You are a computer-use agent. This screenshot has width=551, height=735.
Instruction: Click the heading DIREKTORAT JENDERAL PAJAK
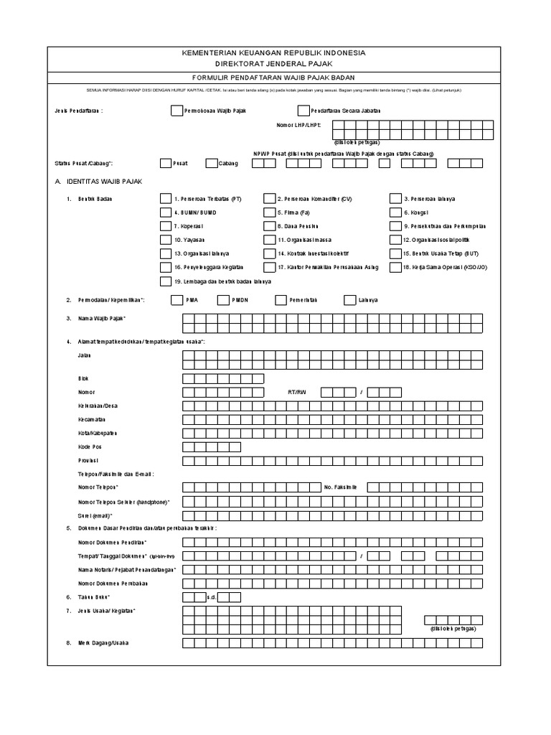coord(275,64)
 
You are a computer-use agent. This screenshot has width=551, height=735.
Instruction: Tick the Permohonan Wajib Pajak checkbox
coord(176,111)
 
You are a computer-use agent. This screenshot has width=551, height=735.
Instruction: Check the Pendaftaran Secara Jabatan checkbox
coord(302,111)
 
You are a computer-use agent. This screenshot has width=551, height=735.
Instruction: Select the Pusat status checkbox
coord(166,163)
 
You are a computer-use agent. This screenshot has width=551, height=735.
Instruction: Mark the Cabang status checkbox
coord(211,163)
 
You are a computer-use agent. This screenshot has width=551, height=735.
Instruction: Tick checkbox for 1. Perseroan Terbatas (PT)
coord(166,199)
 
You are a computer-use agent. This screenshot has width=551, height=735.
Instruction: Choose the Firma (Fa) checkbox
coord(269,212)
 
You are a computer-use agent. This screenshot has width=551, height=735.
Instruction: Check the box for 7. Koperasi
coord(166,226)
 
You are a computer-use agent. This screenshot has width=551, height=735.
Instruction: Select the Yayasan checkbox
coord(166,240)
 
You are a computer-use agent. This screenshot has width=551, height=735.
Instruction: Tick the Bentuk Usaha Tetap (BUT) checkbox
coord(396,253)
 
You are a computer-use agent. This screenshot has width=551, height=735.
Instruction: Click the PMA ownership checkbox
coord(176,300)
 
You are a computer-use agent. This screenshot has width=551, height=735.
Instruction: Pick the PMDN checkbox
coord(222,300)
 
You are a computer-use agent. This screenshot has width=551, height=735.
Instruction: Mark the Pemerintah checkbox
coord(280,300)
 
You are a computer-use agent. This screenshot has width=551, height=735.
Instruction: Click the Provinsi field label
coord(88,460)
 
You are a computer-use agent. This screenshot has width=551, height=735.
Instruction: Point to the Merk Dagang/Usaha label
coord(103,642)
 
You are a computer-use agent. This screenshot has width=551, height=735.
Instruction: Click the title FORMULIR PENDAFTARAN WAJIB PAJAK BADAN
coord(275,78)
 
